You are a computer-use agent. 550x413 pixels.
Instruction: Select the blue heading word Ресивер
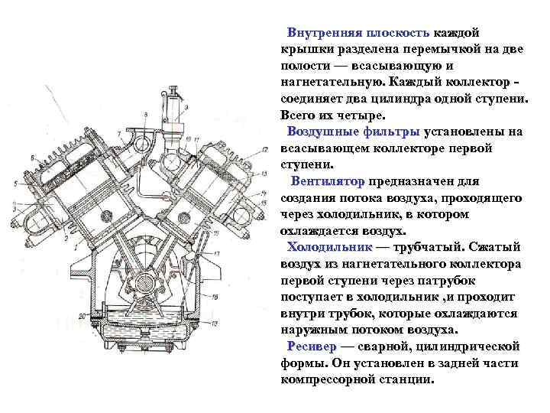[312, 346]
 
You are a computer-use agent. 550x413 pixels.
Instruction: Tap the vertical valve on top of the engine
[172, 98]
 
